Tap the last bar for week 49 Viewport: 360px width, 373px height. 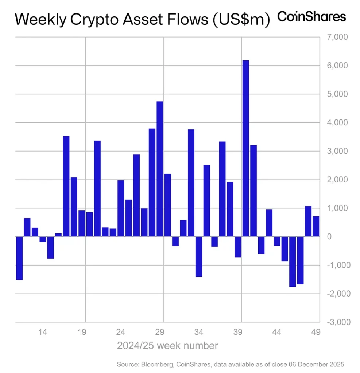coord(316,226)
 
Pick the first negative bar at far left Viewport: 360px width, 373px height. coord(19,258)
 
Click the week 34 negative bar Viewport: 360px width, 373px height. coord(199,256)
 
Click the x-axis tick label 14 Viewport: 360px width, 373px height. coord(43,332)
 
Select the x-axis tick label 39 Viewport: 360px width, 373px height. coord(238,332)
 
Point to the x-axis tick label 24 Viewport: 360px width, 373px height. coord(121,332)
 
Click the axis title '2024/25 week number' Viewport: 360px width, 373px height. coord(167,345)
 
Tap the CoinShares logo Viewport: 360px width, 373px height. coord(311,17)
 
